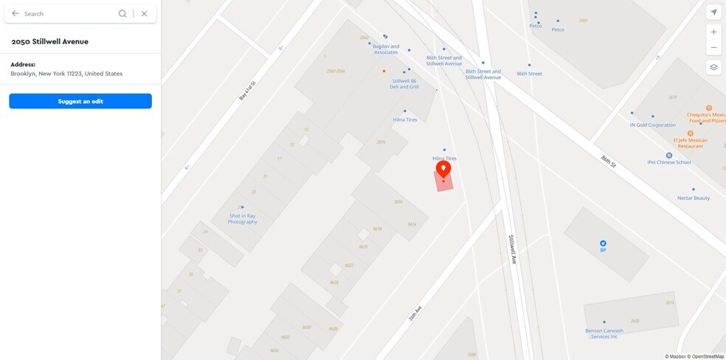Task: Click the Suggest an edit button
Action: (80, 101)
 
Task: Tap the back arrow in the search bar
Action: (15, 13)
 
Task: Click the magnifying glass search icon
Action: (122, 13)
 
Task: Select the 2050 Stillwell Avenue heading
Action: (50, 42)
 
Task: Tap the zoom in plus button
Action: (713, 32)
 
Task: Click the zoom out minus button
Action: (713, 48)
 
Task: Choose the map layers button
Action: (713, 67)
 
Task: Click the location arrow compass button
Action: (713, 13)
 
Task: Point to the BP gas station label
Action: (603, 249)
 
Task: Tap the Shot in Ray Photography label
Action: (242, 218)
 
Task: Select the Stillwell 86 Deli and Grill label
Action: (404, 83)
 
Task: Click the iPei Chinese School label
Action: (668, 162)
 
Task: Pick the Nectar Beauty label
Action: (694, 198)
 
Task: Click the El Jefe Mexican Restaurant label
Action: (690, 142)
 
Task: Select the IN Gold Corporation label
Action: (652, 125)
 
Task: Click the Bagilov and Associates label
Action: (386, 49)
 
